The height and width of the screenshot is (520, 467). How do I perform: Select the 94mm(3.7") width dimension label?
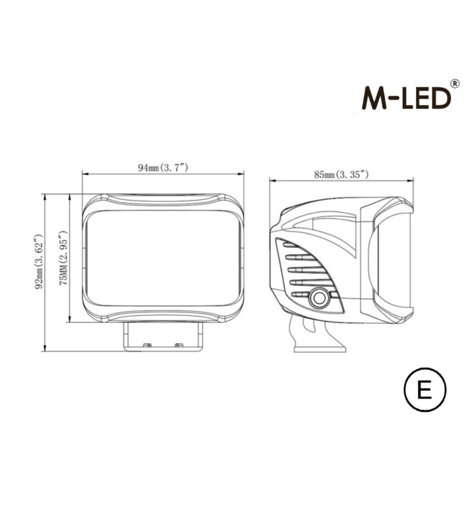coord(162,168)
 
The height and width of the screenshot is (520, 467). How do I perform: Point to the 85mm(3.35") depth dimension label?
coord(341,174)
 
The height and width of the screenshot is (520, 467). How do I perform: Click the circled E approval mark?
coord(424,389)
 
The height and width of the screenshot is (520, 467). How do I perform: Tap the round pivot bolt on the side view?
coord(319,297)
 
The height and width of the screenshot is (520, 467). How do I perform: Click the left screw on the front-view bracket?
coord(147,346)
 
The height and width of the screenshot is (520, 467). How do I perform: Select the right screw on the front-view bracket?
coord(179,346)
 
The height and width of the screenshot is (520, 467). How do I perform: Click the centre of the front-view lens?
coord(163,257)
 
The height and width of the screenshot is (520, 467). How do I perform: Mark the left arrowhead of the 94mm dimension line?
coord(85,174)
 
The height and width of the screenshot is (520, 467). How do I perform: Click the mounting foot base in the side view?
coord(319,348)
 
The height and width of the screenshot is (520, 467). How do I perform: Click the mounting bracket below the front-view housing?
coord(163,338)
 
